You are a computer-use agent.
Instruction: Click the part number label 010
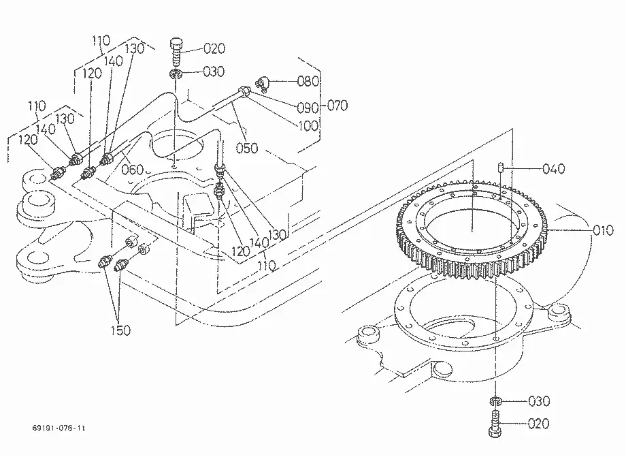coord(603,230)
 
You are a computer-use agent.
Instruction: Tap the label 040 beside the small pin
coord(554,169)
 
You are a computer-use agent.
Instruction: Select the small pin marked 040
coord(500,167)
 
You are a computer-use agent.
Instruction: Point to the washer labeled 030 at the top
coord(176,74)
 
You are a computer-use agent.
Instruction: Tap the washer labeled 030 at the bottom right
coord(495,401)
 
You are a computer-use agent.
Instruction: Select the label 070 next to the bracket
coord(337,106)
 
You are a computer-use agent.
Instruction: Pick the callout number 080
coord(308,81)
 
